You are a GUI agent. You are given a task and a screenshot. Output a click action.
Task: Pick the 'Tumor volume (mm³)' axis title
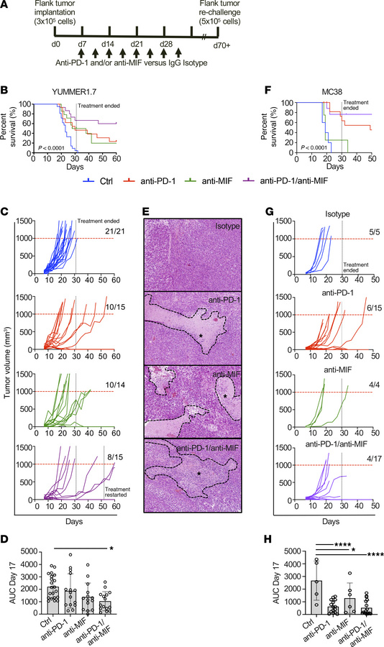(x=8, y=349)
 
